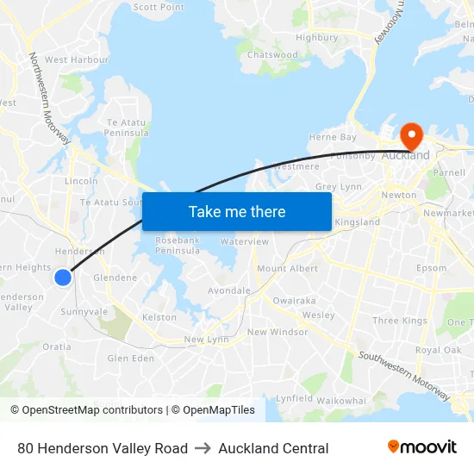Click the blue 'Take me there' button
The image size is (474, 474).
point(236,211)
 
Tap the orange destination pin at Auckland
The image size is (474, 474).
point(410,135)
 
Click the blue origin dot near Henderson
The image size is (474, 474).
point(63,277)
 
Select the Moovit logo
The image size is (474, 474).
point(422,447)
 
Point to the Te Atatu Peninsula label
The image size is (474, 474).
point(127,128)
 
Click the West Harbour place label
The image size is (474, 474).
point(77,60)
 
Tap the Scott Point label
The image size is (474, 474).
point(159,7)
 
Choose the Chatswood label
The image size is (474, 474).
point(272,55)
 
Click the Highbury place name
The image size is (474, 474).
point(316,38)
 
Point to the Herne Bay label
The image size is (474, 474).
point(333,137)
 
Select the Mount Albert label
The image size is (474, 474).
point(287,269)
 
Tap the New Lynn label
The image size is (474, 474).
point(206,340)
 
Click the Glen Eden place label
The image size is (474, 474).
point(130,359)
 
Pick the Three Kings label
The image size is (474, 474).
point(399,321)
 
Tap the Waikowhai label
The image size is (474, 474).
point(341,401)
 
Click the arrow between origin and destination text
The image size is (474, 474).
point(203,448)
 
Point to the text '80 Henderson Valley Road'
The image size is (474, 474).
point(103,448)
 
